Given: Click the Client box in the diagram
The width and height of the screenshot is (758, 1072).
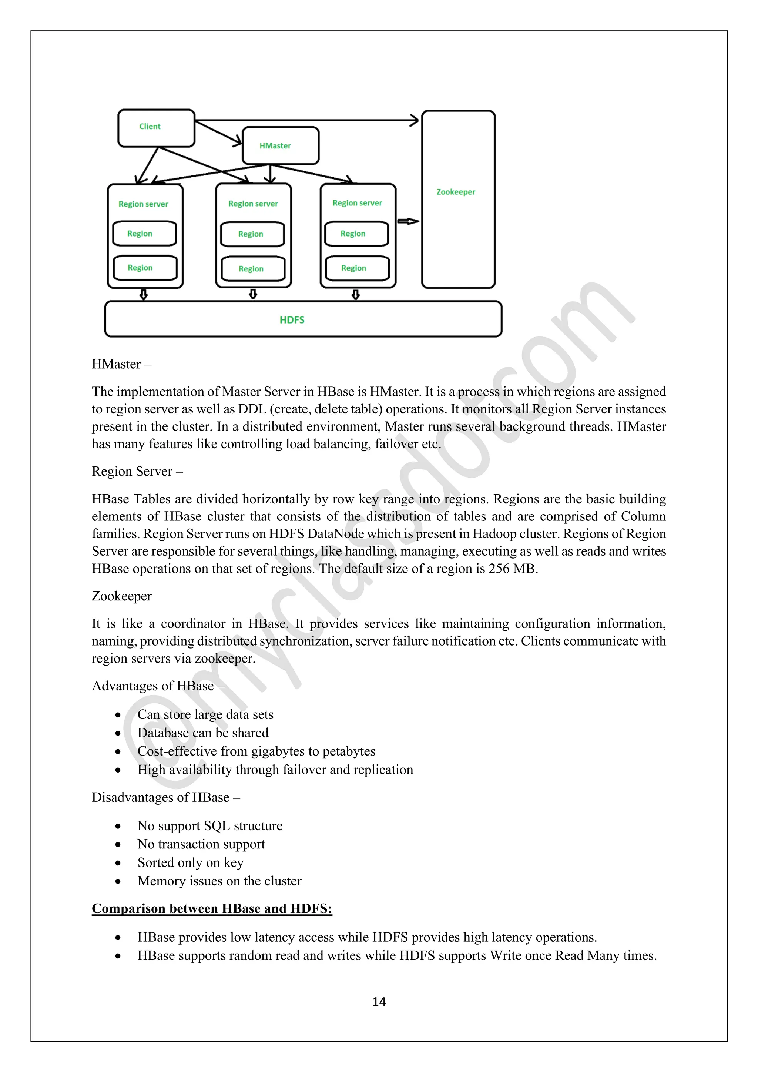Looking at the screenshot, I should [x=156, y=127].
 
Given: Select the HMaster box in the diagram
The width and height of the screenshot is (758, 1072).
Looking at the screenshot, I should [x=280, y=146].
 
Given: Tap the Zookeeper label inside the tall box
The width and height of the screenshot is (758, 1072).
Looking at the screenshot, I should [x=456, y=192].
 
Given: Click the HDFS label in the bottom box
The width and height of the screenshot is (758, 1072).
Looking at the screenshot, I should [x=292, y=320].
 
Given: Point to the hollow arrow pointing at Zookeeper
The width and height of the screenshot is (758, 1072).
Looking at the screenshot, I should [x=408, y=221].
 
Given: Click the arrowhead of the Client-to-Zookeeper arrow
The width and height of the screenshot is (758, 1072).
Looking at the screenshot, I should [x=414, y=120].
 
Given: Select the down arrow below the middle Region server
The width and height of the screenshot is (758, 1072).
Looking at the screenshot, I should [x=253, y=294].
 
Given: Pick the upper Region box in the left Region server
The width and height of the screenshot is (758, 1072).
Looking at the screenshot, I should [x=144, y=234].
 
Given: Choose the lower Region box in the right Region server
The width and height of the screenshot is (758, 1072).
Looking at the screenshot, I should [x=357, y=268].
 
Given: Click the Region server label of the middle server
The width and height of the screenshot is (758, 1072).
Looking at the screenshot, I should [x=253, y=204].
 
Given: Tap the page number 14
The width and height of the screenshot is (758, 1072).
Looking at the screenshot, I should [x=379, y=1002].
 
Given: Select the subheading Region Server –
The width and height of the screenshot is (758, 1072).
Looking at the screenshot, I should [x=137, y=471].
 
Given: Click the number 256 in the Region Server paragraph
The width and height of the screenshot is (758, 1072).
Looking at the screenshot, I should [x=499, y=569].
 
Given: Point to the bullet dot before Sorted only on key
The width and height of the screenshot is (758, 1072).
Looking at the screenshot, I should [x=118, y=863].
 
